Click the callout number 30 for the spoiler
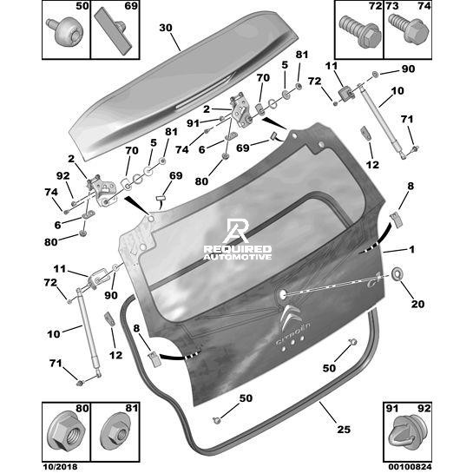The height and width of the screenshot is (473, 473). [166, 28]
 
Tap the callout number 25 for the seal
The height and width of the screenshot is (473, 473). [344, 429]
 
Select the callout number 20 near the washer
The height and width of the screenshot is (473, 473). [417, 304]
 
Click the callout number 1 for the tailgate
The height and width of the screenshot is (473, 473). [411, 249]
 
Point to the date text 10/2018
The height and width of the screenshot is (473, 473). [60, 467]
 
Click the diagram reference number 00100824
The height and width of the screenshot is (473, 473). [408, 467]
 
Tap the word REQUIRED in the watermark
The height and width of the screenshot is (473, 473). [238, 249]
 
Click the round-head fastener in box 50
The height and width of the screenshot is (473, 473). [65, 31]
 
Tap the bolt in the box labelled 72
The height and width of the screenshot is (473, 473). [359, 31]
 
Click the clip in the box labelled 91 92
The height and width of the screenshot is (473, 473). [407, 435]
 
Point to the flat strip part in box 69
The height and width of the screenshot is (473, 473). [113, 30]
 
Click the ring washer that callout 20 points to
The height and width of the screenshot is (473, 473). [397, 274]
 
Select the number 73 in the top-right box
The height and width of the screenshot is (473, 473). [392, 6]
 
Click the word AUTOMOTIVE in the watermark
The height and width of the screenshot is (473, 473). [238, 257]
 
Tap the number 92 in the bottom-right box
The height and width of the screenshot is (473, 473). [424, 409]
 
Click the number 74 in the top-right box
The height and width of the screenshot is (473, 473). [424, 6]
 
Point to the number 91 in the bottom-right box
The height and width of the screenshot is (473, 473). [392, 409]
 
